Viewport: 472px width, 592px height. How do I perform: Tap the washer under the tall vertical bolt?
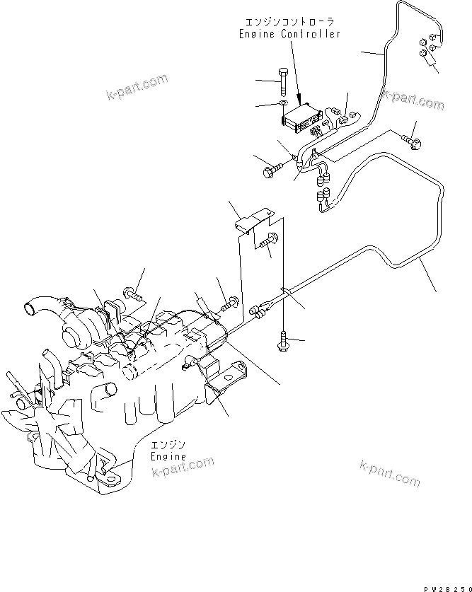(281, 106)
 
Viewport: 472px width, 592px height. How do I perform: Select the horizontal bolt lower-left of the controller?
(273, 170)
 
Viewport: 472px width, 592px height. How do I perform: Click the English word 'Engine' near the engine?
(168, 456)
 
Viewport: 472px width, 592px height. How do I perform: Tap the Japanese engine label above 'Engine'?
(168, 445)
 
